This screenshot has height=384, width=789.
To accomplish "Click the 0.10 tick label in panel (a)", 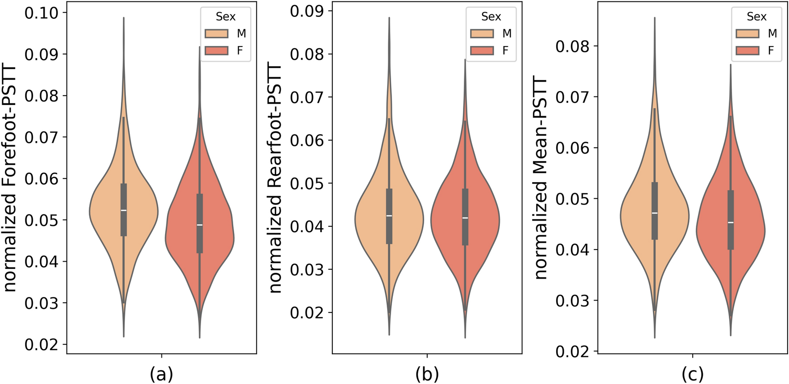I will click(41, 13).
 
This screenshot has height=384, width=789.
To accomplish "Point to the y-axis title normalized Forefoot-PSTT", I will click(10, 179).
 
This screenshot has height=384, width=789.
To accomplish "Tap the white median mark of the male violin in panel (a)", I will click(124, 210).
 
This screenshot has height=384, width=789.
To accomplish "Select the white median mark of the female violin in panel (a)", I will click(199, 225).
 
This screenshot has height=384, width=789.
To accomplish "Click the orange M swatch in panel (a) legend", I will click(216, 34).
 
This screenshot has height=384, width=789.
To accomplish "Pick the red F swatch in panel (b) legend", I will click(482, 50).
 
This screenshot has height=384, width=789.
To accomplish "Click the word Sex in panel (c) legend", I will click(756, 17).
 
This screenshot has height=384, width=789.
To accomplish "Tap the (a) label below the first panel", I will click(161, 374).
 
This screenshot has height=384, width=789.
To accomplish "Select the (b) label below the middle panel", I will click(427, 374).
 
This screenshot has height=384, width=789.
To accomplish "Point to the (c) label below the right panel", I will click(692, 374).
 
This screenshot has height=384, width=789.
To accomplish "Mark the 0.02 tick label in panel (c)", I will click(572, 351).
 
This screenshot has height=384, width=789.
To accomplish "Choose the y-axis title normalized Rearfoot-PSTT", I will click(276, 179).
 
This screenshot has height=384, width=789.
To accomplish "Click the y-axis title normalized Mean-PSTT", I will click(541, 179).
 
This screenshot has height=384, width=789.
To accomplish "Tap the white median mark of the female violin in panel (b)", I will click(465, 217).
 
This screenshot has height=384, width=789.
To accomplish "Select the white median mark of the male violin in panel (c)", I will click(654, 213).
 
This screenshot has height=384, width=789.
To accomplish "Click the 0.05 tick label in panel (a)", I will click(41, 220).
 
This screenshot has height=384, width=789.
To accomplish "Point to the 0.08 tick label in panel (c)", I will click(572, 46).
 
